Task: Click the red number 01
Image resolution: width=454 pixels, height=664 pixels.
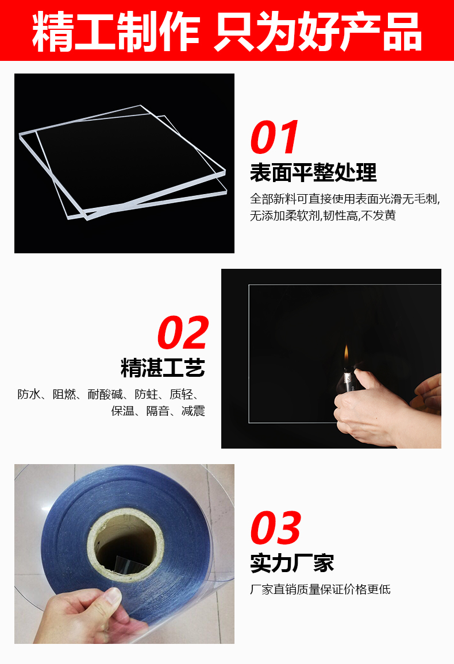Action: (275, 138)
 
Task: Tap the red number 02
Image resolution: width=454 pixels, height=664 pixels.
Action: (183, 333)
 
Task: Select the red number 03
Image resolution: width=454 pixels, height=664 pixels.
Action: (276, 528)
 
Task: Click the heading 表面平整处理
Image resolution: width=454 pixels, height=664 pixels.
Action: (313, 172)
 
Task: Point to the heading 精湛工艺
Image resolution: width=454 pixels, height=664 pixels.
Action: (163, 368)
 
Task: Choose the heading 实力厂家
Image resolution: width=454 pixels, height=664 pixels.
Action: (292, 563)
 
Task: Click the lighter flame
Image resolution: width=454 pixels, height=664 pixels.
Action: (347, 354)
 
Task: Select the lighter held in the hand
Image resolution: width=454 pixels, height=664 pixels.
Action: (348, 379)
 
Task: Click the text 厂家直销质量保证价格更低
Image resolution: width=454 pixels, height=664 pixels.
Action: (320, 589)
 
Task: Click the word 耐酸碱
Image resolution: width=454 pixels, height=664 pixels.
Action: (105, 395)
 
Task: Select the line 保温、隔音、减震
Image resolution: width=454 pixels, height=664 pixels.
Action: (158, 411)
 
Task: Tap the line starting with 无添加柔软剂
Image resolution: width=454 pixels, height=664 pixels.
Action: (323, 216)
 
